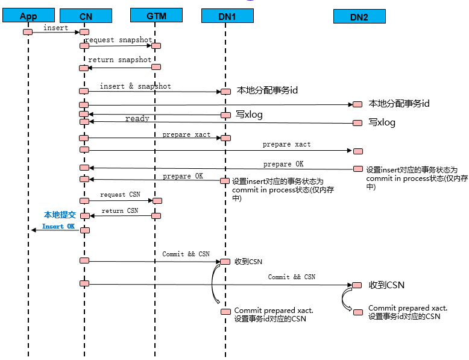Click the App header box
(x=28, y=16)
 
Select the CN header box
(x=86, y=16)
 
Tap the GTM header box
(x=156, y=16)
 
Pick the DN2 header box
(x=359, y=16)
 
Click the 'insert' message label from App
(x=56, y=28)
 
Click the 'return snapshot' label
(x=120, y=60)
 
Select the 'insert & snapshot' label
(x=135, y=86)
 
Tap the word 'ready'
(x=137, y=119)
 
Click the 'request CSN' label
(x=121, y=195)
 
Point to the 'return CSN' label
(x=120, y=210)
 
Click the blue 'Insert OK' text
(x=58, y=226)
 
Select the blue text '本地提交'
(x=60, y=215)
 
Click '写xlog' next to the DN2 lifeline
(x=382, y=122)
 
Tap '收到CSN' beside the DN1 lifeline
(x=248, y=262)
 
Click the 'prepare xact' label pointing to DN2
(x=286, y=145)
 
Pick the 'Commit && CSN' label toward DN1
(x=186, y=254)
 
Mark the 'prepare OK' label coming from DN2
(x=283, y=164)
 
